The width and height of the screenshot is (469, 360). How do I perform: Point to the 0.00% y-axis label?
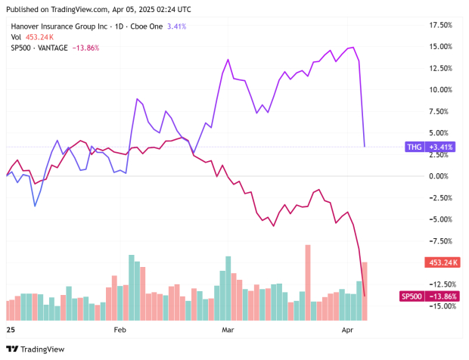(x=440, y=176)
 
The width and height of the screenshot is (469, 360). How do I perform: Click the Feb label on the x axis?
(x=120, y=331)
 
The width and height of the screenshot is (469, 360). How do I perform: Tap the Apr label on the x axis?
(x=348, y=331)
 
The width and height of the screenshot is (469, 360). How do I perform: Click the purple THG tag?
(x=415, y=147)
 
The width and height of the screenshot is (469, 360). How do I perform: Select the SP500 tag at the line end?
(x=412, y=296)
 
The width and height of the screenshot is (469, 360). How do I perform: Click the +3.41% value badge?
(x=443, y=147)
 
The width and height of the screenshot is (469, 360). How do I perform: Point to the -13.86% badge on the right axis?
(x=443, y=296)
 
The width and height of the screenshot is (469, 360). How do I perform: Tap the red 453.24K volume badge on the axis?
(x=444, y=262)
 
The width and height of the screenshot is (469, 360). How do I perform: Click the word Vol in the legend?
(x=16, y=37)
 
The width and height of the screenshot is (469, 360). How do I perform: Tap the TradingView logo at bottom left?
(x=36, y=349)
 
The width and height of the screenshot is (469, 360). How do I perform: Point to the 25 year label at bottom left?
(x=11, y=331)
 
